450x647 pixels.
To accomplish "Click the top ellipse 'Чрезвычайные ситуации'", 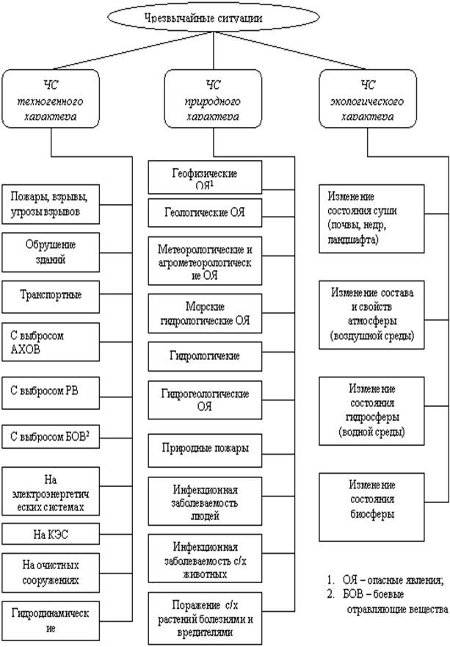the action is click(213, 17).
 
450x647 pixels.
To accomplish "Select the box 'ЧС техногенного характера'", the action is click(51, 98).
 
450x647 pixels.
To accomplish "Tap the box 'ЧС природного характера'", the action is click(213, 98).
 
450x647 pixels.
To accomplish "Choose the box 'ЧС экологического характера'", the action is click(368, 98).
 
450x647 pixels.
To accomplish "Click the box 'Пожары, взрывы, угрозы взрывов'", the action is click(51, 204).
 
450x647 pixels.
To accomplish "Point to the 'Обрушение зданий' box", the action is click(51, 252).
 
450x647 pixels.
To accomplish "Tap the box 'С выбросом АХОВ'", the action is click(51, 342).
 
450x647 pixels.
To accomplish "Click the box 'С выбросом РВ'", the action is click(51, 393).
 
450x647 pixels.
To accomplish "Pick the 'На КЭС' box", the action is click(51, 535).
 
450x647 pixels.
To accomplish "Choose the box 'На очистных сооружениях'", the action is click(51, 573).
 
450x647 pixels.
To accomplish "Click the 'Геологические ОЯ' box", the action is click(205, 213).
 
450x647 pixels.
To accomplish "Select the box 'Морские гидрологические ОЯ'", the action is click(205, 313).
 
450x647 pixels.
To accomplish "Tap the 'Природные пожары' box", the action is click(205, 449).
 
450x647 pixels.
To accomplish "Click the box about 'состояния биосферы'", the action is click(371, 507).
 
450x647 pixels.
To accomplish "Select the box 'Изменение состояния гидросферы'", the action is click(371, 411).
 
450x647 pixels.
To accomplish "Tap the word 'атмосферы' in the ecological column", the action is click(372, 321).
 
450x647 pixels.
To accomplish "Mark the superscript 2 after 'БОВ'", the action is click(87, 434).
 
